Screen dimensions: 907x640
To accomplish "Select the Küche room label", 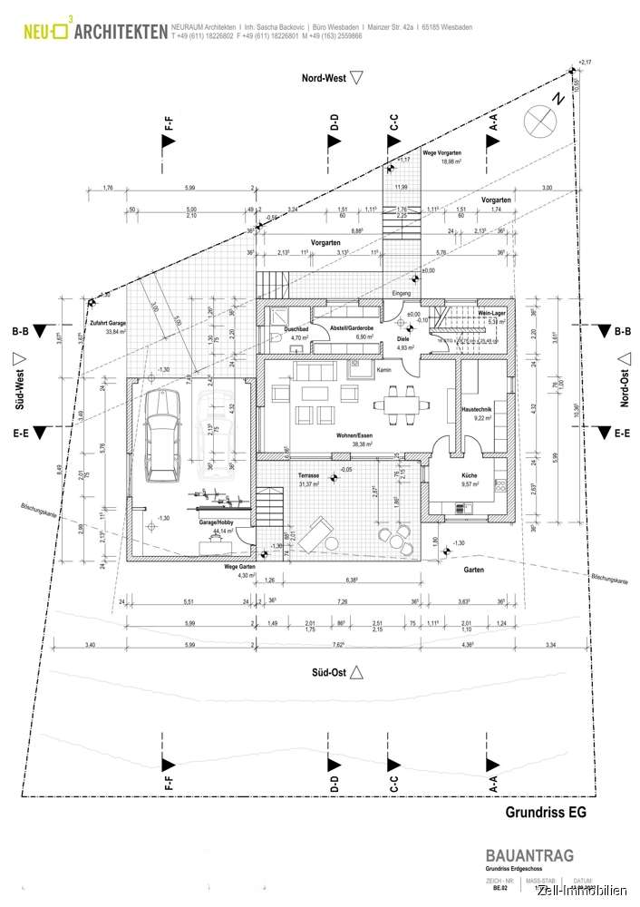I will (x=469, y=474).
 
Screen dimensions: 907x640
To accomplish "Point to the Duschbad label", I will (x=296, y=329).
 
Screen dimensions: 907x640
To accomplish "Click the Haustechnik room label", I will (x=476, y=411).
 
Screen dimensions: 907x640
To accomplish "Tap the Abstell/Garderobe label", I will (x=347, y=329).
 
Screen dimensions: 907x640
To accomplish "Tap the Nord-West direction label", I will (x=325, y=79).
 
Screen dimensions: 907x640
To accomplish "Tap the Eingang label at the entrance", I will (x=401, y=294).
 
